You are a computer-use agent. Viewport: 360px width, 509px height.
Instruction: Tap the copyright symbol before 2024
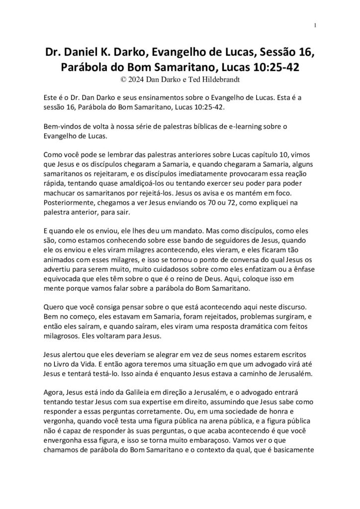coord(123,79)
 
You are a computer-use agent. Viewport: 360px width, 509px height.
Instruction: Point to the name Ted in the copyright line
coord(187,79)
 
